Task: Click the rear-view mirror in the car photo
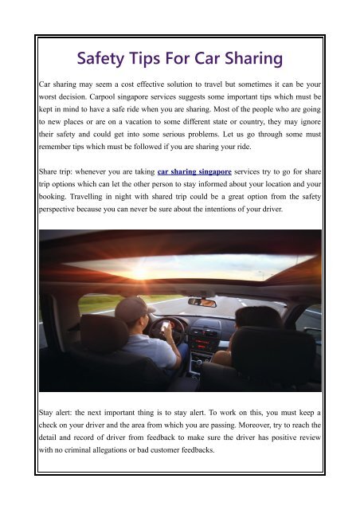point(202,302)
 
